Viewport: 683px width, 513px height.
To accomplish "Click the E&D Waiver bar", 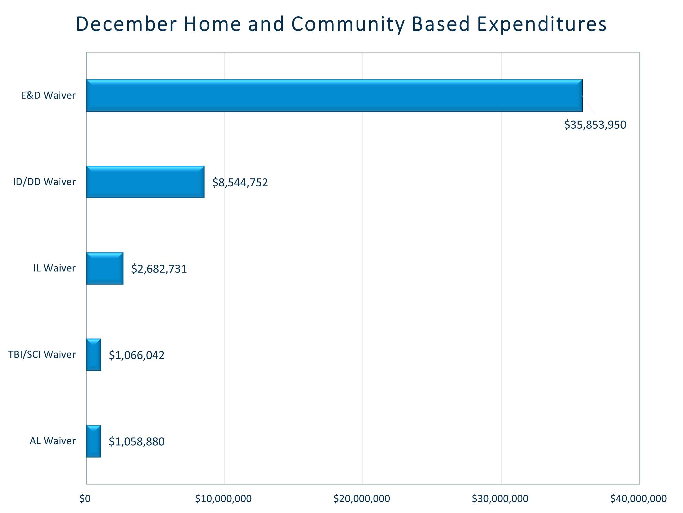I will [334, 95].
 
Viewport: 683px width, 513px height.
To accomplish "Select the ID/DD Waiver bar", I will [145, 182].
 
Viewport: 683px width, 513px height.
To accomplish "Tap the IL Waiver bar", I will [105, 268].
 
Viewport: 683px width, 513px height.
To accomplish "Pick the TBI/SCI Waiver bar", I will [94, 355].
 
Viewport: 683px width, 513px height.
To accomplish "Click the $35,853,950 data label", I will [595, 125].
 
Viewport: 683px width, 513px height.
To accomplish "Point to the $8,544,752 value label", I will [240, 183].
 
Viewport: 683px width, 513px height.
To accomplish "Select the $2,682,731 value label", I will [159, 269].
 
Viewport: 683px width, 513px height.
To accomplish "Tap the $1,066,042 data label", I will [136, 356].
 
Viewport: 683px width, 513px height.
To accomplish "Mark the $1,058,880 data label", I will [136, 442].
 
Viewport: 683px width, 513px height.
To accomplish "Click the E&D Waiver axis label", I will [48, 95].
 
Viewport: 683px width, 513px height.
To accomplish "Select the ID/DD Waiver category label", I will [44, 182].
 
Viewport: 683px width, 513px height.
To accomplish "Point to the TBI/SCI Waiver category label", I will [42, 355].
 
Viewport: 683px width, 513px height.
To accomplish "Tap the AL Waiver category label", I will [52, 441].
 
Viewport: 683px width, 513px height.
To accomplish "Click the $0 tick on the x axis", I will [85, 499].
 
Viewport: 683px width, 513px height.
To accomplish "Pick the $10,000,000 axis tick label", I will [223, 499].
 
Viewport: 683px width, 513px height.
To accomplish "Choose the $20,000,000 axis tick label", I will [362, 499].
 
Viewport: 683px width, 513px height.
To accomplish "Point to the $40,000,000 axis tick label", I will [638, 499].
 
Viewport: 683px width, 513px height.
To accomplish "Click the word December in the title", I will [126, 24].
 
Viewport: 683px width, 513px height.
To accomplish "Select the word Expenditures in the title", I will [542, 24].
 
